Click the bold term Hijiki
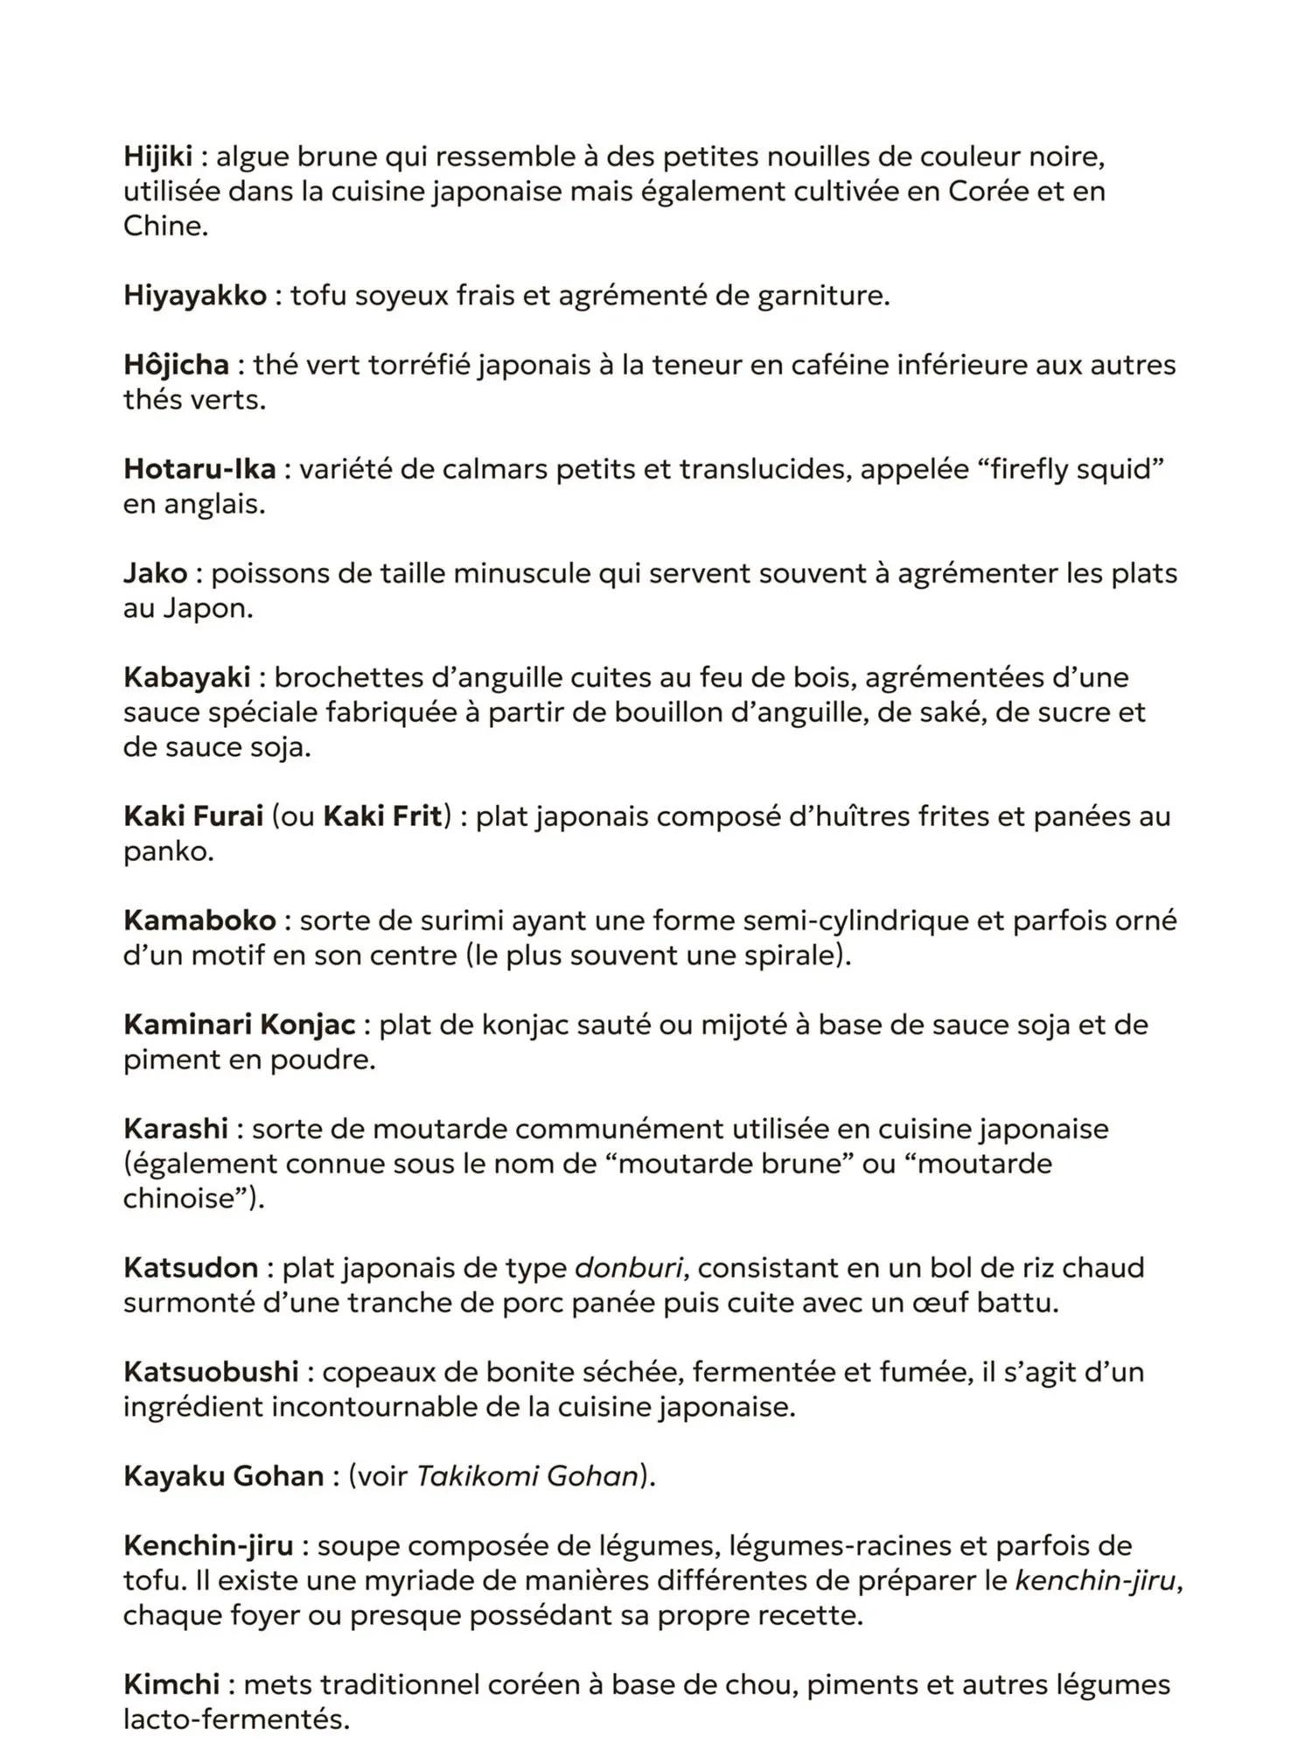click(157, 157)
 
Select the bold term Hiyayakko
click(195, 296)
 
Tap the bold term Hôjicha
click(176, 365)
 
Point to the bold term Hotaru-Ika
click(199, 469)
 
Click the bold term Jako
click(155, 573)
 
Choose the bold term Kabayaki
click(186, 677)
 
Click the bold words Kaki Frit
click(382, 816)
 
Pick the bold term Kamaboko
click(199, 920)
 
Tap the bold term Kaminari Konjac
click(239, 1025)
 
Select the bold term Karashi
click(176, 1129)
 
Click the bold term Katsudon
click(191, 1268)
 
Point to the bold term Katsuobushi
click(211, 1372)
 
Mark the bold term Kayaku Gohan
click(223, 1476)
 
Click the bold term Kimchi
click(171, 1684)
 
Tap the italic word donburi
click(628, 1268)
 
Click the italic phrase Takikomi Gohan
click(527, 1476)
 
